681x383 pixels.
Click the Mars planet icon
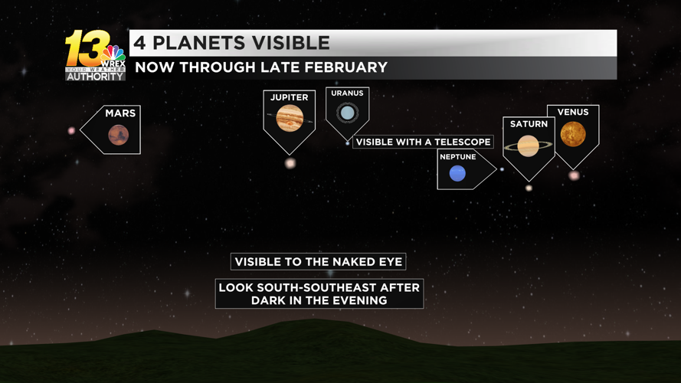pos(118,136)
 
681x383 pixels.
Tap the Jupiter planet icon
pos(289,118)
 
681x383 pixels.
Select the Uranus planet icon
pos(348,113)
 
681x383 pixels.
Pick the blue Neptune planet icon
pos(457,174)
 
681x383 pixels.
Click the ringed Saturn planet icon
pos(529,145)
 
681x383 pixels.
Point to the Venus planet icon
pos(573,134)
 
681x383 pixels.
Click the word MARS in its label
pos(120,113)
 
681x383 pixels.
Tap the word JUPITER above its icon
pos(289,97)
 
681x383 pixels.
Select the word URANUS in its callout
pos(347,93)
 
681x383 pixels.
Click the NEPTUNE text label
pos(457,157)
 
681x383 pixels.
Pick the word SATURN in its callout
pos(529,124)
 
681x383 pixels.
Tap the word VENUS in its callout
pos(573,113)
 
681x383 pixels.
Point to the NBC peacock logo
pos(113,54)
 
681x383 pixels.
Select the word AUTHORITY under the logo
pos(96,76)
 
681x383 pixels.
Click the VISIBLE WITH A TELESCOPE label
pos(423,142)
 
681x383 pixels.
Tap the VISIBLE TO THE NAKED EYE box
pos(318,262)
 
